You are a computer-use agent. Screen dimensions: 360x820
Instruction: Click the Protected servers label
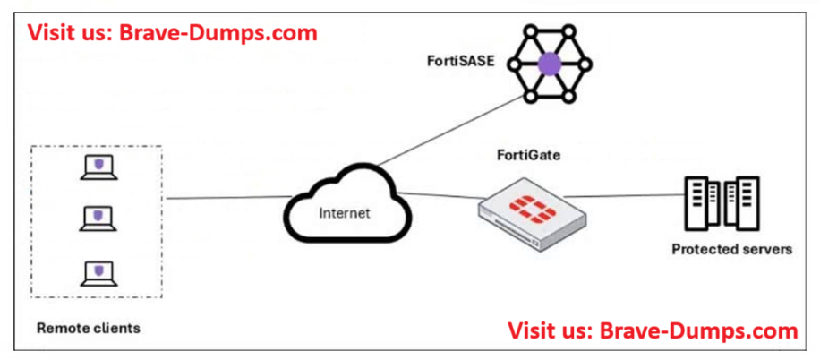tap(731, 249)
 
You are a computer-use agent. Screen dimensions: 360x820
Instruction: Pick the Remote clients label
tap(89, 328)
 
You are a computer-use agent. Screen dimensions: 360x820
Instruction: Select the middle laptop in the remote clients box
tap(96, 216)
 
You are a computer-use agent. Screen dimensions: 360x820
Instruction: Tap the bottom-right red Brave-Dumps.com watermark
tap(653, 330)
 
